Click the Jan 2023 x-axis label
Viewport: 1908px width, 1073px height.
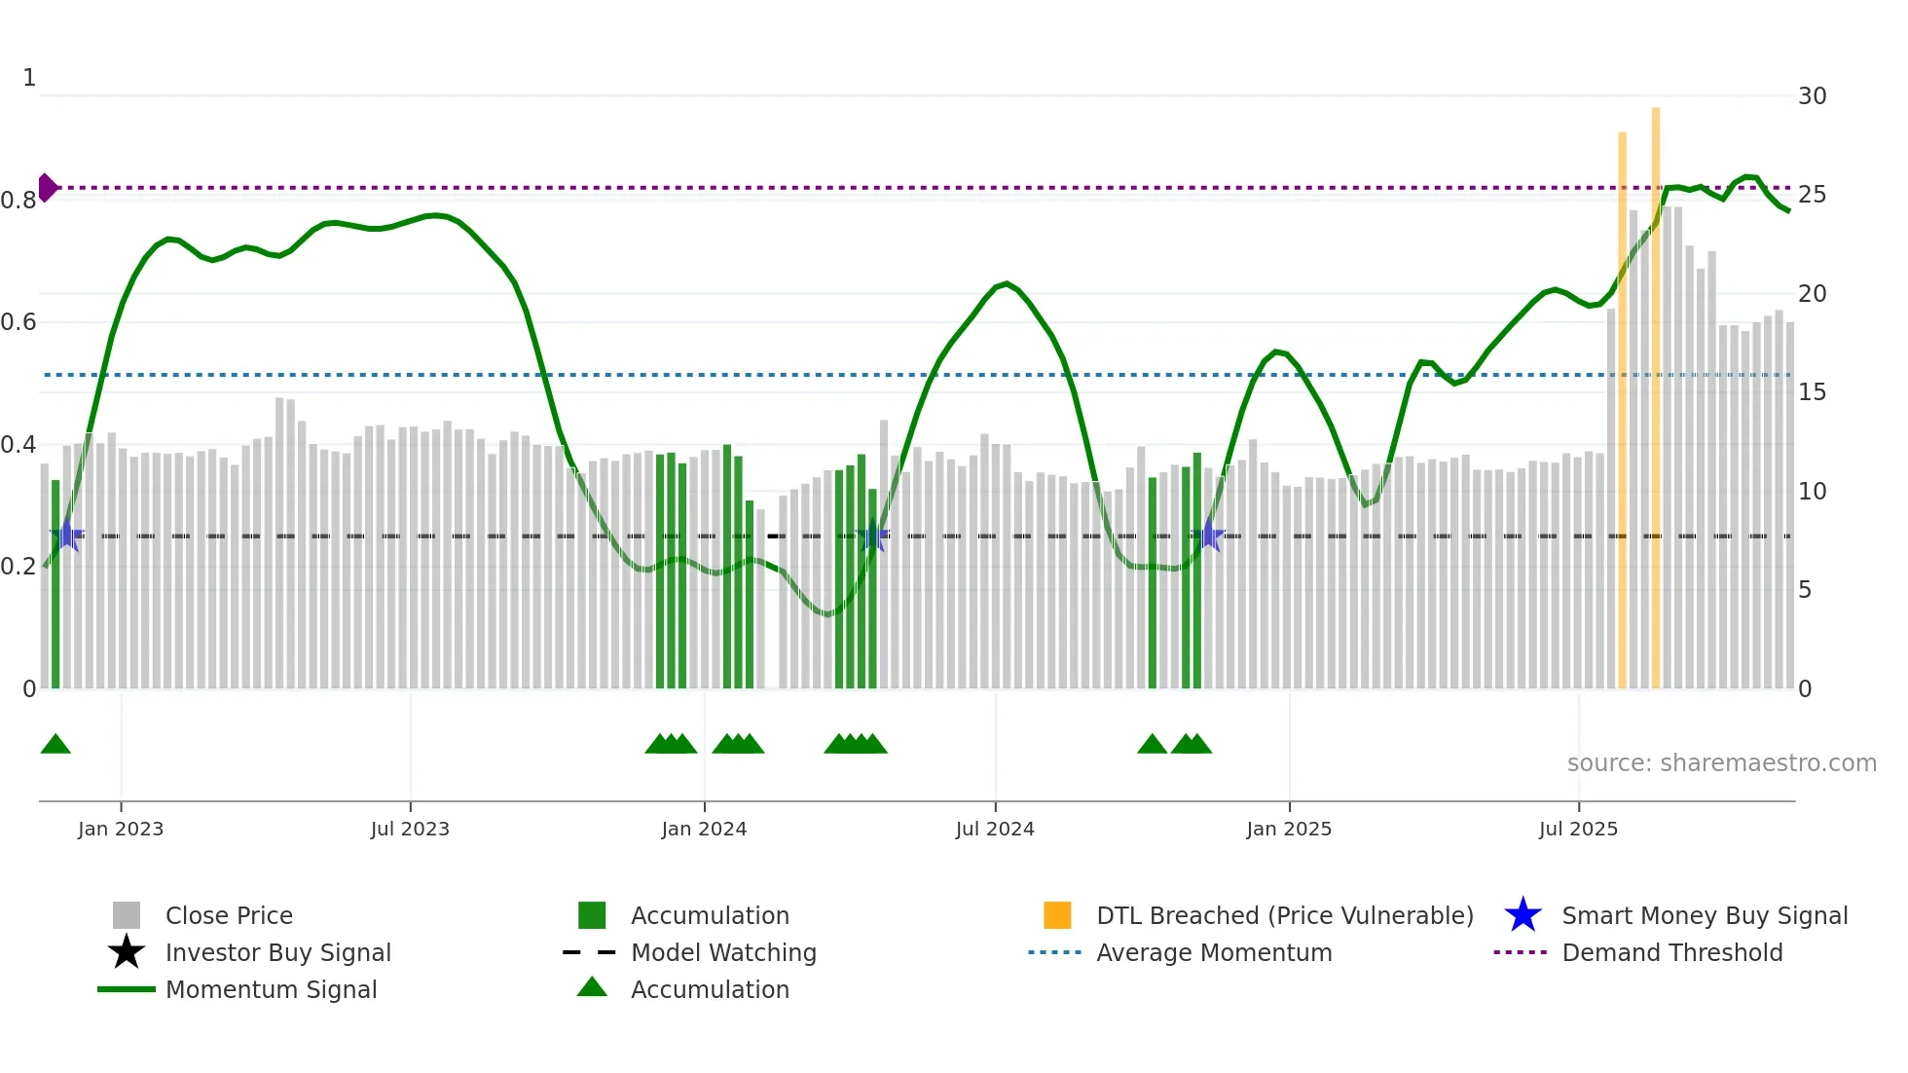[121, 829]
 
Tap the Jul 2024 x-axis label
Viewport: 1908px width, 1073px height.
[995, 829]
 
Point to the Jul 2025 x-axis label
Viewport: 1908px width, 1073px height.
[1578, 829]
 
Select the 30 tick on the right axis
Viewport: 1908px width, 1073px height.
[1812, 96]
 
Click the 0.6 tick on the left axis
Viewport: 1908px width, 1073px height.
[19, 322]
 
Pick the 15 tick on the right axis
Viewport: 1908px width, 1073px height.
[1812, 392]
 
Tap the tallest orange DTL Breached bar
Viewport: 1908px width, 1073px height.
[1655, 389]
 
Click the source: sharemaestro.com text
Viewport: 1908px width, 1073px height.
[1721, 763]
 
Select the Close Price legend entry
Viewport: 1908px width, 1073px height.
[229, 915]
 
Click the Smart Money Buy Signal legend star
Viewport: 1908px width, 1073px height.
[1523, 915]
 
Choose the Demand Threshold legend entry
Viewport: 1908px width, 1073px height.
[1671, 952]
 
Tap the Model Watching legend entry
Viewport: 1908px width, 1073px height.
[723, 952]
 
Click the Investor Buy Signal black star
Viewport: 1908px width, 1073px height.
[127, 952]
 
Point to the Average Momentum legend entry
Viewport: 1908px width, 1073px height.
[1214, 952]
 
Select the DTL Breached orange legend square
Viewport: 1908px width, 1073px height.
[1057, 915]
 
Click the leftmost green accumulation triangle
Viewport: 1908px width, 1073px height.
[55, 745]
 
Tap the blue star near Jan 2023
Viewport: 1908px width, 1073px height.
[67, 535]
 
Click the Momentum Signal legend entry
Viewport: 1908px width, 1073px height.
[271, 989]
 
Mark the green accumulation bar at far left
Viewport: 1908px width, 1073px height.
[55, 584]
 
